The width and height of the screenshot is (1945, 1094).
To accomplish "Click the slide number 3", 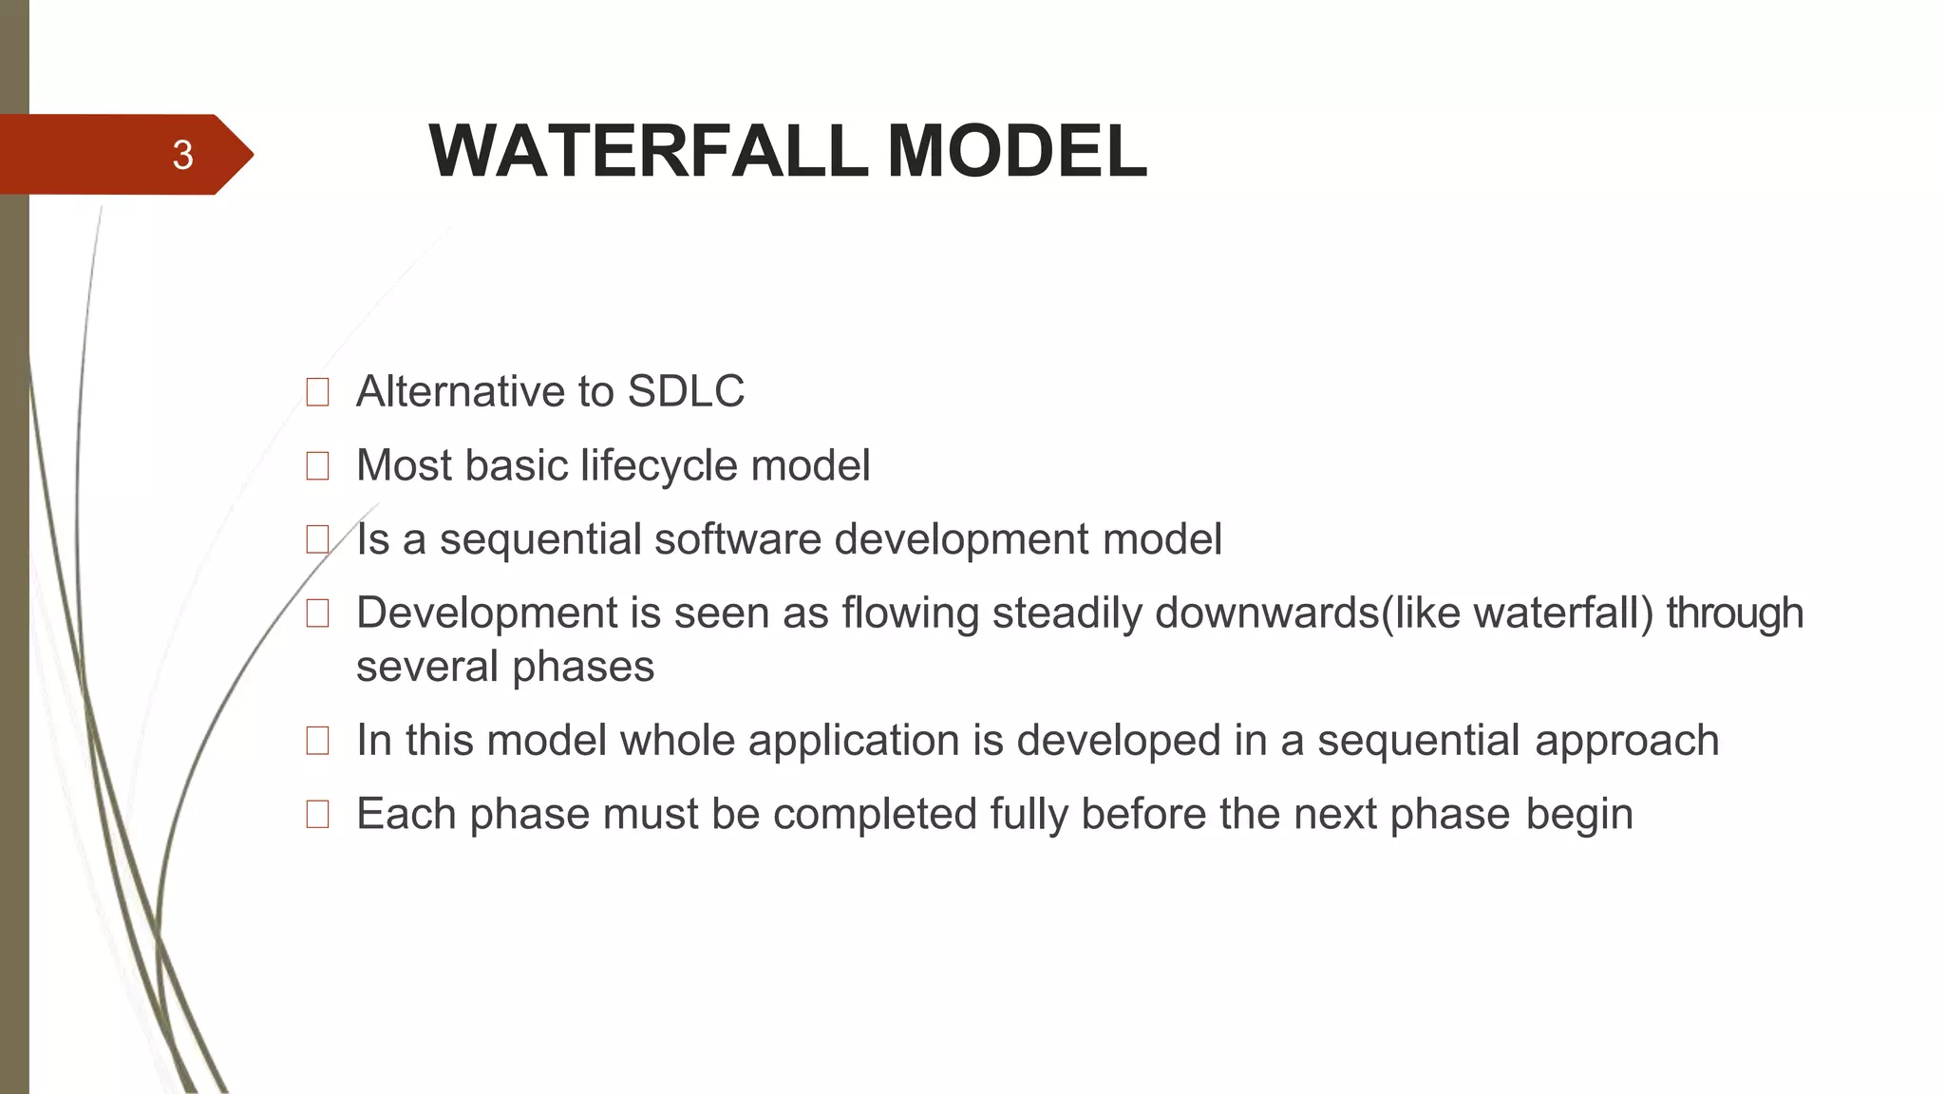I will pos(182,155).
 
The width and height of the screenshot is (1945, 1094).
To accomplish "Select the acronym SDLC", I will pos(686,391).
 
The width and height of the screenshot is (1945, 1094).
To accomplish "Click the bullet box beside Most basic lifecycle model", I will pos(317,465).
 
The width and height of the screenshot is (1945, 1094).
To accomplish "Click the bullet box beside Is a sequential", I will pos(317,539).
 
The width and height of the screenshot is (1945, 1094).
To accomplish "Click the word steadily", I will pos(1067,613).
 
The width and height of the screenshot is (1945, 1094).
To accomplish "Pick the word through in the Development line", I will pos(1734,613).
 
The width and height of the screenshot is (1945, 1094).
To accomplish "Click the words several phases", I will pos(505,667).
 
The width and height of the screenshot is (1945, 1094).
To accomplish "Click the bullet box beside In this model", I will pos(317,740).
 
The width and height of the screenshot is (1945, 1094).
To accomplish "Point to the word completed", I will pos(875,815).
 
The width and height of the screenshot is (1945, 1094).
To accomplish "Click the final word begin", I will pos(1579,815).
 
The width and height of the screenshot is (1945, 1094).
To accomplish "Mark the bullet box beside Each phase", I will pos(317,814).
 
